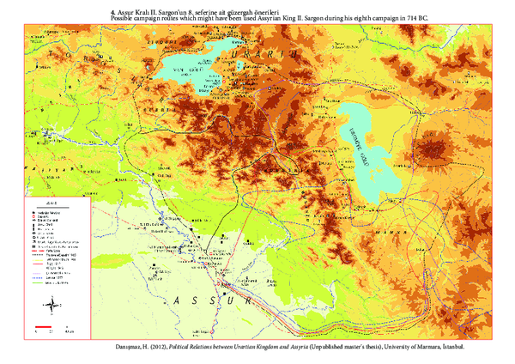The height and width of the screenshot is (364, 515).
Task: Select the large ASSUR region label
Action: pos(210,301)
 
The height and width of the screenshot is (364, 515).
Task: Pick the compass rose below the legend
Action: pos(52,303)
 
